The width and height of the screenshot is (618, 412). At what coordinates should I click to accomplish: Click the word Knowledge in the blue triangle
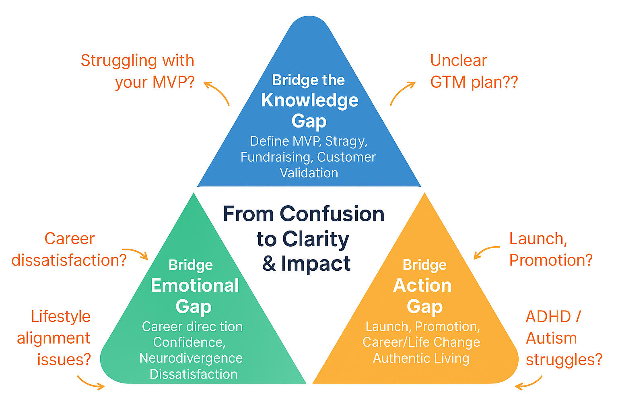[309, 100]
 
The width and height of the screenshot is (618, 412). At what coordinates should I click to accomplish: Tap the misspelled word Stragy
[346, 141]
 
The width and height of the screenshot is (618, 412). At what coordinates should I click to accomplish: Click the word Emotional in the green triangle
[195, 285]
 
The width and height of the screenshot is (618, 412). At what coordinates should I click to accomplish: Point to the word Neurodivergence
[191, 358]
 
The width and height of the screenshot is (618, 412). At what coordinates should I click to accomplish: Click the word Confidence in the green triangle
[189, 342]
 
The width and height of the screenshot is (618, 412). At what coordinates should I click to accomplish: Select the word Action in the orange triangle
[422, 285]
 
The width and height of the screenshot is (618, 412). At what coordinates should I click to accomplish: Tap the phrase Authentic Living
[421, 358]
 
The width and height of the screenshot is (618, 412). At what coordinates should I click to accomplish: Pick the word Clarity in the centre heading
[315, 239]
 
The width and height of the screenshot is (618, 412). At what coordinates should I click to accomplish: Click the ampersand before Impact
[269, 264]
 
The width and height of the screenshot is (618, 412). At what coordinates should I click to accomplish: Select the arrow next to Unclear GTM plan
[402, 93]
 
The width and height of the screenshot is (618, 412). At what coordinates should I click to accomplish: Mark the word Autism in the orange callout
[551, 338]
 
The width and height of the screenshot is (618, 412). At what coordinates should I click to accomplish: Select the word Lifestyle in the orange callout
[61, 316]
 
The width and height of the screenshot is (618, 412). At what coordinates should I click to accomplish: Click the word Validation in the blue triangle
[309, 173]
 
